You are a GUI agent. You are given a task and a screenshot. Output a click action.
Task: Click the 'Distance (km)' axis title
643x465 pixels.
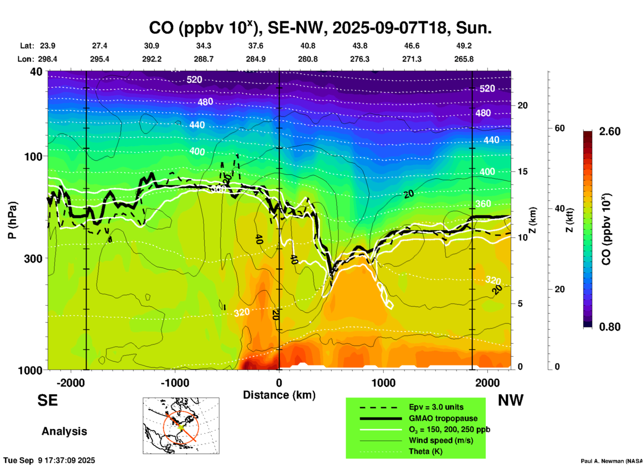click(279, 395)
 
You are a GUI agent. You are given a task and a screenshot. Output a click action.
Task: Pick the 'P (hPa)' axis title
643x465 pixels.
click(12, 220)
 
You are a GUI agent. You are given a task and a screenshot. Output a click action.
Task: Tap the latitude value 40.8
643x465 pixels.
click(307, 46)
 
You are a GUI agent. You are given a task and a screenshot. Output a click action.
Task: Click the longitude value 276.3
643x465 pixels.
click(360, 59)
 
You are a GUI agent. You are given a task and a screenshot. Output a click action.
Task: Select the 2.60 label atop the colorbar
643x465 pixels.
click(610, 131)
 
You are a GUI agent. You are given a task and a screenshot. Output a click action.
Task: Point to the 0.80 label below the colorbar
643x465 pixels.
click(610, 327)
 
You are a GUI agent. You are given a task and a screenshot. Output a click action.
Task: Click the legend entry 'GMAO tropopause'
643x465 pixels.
click(443, 418)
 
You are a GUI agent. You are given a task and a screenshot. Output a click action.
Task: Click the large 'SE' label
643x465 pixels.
click(47, 400)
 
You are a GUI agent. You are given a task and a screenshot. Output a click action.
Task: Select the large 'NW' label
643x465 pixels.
click(510, 400)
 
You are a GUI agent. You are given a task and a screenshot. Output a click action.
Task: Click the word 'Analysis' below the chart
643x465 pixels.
click(64, 431)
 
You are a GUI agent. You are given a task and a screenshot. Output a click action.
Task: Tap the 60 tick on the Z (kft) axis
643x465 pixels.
click(560, 128)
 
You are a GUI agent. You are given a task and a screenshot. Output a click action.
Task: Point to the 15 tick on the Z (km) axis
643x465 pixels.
click(522, 171)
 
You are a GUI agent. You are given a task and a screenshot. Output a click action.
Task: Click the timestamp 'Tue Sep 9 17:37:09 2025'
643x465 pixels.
click(49, 460)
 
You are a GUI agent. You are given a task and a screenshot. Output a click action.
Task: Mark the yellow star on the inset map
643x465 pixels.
click(181, 427)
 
